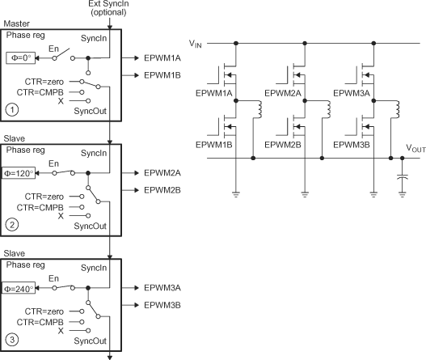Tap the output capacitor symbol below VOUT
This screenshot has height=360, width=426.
point(401,176)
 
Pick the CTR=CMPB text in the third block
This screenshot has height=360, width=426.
point(45,321)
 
